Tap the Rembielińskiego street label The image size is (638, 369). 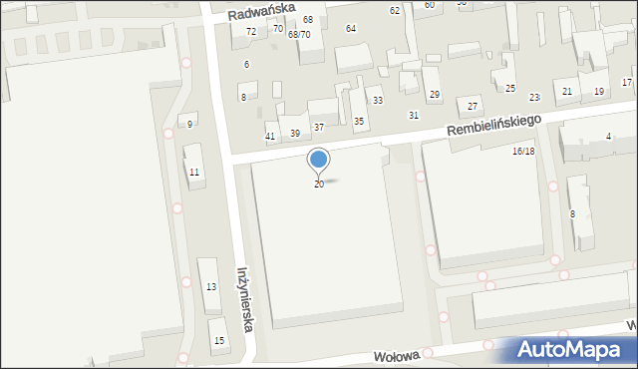493,126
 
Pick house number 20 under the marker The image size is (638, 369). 319,184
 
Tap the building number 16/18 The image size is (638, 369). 523,151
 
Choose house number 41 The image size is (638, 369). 270,136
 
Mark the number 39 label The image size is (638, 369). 295,134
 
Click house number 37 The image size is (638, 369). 319,127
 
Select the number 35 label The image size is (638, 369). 359,121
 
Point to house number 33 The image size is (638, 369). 378,101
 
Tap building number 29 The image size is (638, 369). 435,95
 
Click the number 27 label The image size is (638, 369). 473,106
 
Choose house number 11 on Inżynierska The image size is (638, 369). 194,173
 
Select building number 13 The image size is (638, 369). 211,286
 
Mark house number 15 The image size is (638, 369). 219,341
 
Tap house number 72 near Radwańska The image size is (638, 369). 251,32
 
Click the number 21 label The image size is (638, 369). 567,92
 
